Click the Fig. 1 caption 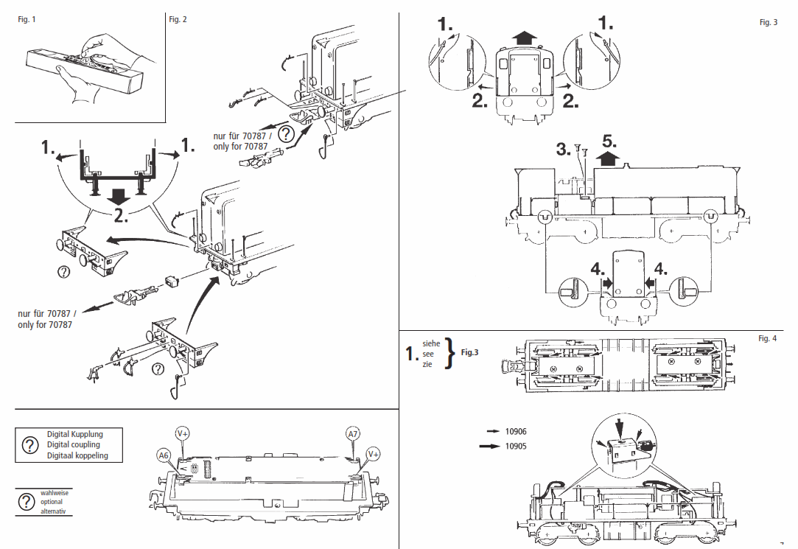coord(27,19)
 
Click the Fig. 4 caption coord(767,338)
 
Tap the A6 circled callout coord(164,455)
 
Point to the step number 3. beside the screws coord(564,150)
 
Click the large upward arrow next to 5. coord(608,158)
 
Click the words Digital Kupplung coord(74,434)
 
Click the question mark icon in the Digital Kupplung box coord(29,445)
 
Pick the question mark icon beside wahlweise coord(27,502)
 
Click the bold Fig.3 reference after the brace coord(470,353)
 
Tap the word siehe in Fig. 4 coord(432,343)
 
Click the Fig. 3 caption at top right coord(768,23)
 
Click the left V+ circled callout coord(182,433)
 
